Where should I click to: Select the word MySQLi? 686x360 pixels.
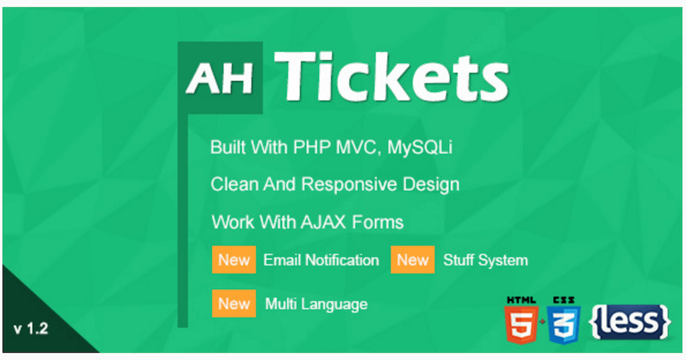[419, 147]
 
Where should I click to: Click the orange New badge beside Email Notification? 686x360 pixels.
[234, 260]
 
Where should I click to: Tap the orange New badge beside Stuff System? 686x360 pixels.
[413, 260]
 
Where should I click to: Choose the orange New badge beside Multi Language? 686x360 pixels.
[234, 304]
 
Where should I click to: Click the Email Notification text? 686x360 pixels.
[321, 260]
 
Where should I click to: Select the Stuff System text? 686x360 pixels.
[485, 260]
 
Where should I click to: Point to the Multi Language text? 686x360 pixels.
[316, 304]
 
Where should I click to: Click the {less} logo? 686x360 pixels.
[630, 322]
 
